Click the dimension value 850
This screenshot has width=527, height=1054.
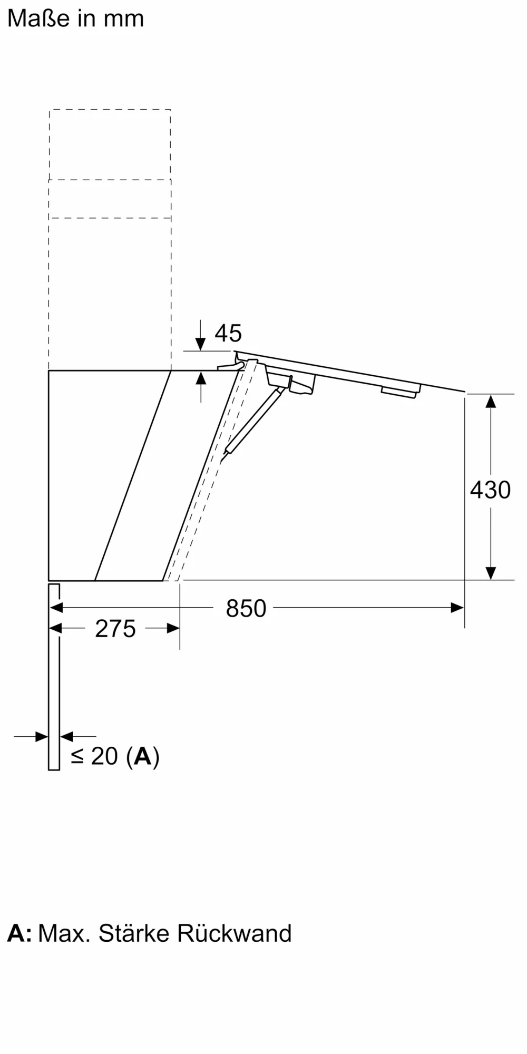tap(246, 609)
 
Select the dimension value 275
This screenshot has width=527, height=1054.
tap(115, 629)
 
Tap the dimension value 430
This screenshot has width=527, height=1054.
tap(490, 490)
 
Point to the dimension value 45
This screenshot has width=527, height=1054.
tap(228, 333)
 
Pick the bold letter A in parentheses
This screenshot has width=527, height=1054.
tap(143, 756)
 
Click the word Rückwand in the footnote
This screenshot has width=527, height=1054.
tap(234, 933)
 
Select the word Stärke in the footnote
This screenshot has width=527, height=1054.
tap(134, 933)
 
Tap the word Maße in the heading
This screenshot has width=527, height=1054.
tap(38, 18)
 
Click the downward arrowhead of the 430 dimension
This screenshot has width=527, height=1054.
tap(491, 573)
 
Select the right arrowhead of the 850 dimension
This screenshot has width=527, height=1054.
tap(457, 608)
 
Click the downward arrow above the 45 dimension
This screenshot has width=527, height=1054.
tap(200, 343)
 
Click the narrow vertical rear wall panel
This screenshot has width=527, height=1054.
tap(54, 677)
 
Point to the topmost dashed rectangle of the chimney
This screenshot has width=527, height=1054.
tap(110, 144)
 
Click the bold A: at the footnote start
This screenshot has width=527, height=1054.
tap(19, 933)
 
